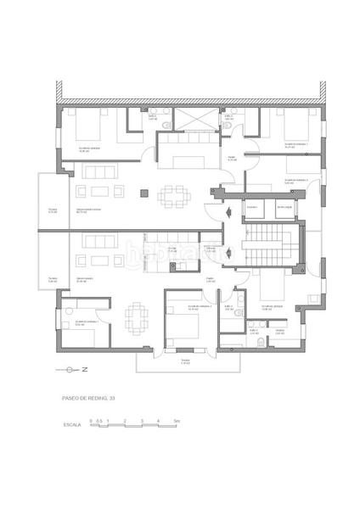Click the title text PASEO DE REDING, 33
[x=88, y=397]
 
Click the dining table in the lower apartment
[x=137, y=318]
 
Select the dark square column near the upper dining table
[x=143, y=196]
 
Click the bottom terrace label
[x=185, y=362]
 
